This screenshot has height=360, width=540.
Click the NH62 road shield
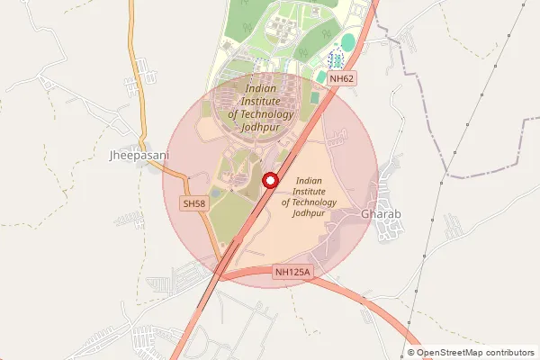[342, 79]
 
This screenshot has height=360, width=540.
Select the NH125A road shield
[292, 271]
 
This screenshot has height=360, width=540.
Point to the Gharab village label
[380, 215]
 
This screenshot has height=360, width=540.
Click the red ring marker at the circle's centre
[268, 181]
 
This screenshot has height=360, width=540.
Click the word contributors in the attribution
[512, 352]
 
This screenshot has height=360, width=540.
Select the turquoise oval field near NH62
[348, 42]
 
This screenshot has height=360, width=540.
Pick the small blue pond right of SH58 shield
[214, 193]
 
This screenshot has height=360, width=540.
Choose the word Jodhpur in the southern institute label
[309, 213]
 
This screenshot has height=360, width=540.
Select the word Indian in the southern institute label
[309, 180]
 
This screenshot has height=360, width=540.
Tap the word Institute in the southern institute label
[309, 191]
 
